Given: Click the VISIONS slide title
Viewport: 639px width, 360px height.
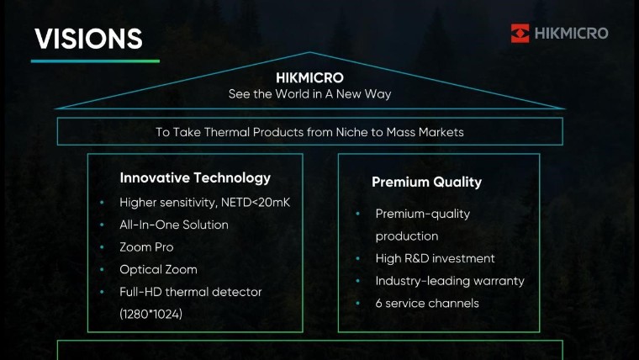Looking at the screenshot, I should [x=88, y=39].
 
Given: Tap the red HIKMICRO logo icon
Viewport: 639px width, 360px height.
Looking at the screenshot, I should [x=520, y=34].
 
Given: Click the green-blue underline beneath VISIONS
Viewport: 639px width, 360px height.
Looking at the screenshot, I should [x=95, y=61].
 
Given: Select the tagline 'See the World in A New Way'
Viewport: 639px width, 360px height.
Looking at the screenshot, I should [x=309, y=94].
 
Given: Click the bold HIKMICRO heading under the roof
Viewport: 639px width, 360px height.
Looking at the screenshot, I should [x=309, y=77].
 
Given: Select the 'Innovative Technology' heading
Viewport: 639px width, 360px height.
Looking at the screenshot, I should [x=195, y=177].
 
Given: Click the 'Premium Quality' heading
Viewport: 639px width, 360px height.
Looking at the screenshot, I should [x=426, y=182].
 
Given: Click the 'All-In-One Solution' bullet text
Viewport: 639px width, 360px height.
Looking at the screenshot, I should [x=174, y=225].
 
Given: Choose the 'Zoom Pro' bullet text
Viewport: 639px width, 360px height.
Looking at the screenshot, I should [x=147, y=247].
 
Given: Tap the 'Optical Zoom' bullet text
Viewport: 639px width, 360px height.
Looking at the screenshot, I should [x=159, y=269].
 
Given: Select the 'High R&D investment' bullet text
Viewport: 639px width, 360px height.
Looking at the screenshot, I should [x=435, y=258].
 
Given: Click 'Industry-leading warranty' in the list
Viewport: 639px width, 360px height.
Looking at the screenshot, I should [x=450, y=281].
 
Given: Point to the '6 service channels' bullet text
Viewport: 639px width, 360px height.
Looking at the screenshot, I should [x=427, y=303].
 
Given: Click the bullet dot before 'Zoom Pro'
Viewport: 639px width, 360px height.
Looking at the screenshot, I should [x=102, y=247].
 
